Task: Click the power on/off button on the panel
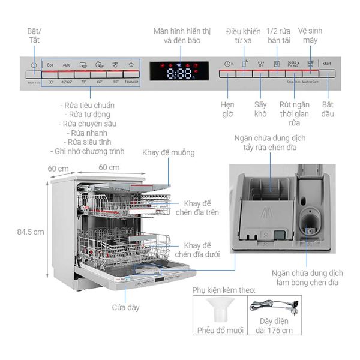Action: point(34,64)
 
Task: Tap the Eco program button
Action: point(50,64)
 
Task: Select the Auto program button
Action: point(67,64)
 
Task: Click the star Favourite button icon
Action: point(131,64)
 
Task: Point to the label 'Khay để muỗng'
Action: point(169,153)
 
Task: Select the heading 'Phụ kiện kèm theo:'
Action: point(224,290)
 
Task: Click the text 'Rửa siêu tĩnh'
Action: point(91,142)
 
